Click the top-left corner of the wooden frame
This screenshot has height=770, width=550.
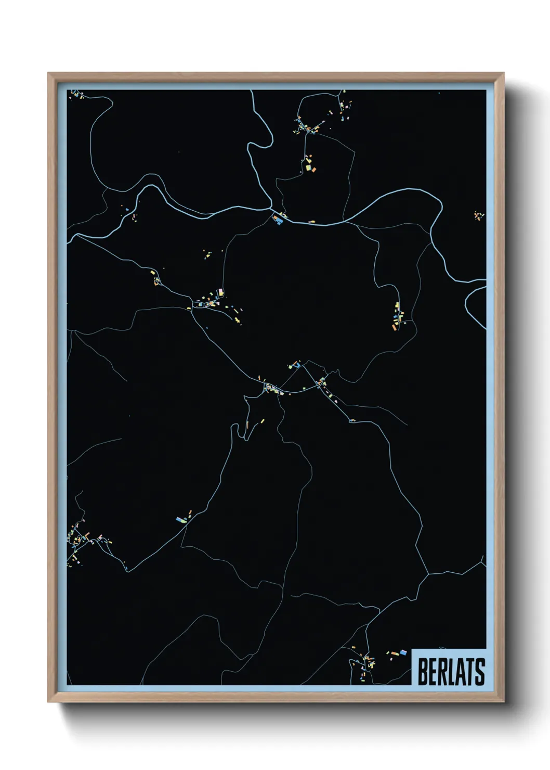[x=48, y=73]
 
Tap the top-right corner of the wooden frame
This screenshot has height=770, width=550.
[x=503, y=73]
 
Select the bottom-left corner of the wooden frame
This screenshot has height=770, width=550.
[x=48, y=702]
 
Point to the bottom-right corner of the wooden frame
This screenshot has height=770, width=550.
[x=503, y=702]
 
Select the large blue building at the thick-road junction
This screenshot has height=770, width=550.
[x=279, y=221]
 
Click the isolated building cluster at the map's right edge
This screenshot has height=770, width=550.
[x=478, y=215]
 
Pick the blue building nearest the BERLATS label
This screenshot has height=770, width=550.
[x=402, y=651]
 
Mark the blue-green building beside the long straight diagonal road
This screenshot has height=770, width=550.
[x=181, y=519]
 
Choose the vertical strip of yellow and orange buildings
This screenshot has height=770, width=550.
[x=398, y=315]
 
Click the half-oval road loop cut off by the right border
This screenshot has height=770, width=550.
[x=474, y=307]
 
